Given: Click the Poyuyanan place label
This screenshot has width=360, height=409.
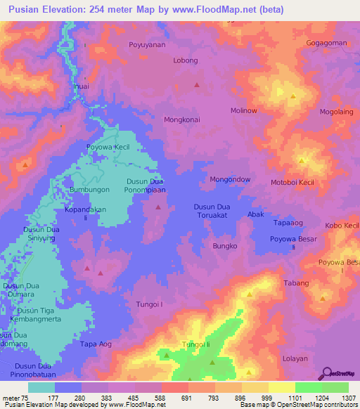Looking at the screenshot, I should pyautogui.click(x=146, y=44).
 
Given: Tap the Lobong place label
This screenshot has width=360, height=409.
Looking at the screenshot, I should pyautogui.click(x=186, y=60).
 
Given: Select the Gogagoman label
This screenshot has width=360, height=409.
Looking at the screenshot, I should pyautogui.click(x=326, y=43).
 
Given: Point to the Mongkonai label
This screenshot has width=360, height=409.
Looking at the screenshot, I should pyautogui.click(x=183, y=119).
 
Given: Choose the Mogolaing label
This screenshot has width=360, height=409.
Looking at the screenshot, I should pyautogui.click(x=337, y=112).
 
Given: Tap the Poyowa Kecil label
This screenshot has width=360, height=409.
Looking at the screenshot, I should pyautogui.click(x=108, y=147).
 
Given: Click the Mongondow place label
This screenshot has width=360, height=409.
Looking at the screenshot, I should pyautogui.click(x=230, y=179).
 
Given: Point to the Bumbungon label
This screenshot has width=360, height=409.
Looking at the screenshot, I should pyautogui.click(x=89, y=190).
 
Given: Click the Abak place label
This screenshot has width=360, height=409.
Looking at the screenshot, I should pyautogui.click(x=255, y=214).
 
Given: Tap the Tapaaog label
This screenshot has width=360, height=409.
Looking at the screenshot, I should pyautogui.click(x=288, y=222).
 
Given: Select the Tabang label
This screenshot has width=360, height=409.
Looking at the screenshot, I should pyautogui.click(x=296, y=283).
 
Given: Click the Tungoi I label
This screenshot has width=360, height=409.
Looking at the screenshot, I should pyautogui.click(x=149, y=304).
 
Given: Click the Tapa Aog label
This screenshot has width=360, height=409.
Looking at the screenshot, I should pyautogui.click(x=96, y=344).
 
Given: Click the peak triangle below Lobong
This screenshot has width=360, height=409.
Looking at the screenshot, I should pyautogui.click(x=196, y=85).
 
